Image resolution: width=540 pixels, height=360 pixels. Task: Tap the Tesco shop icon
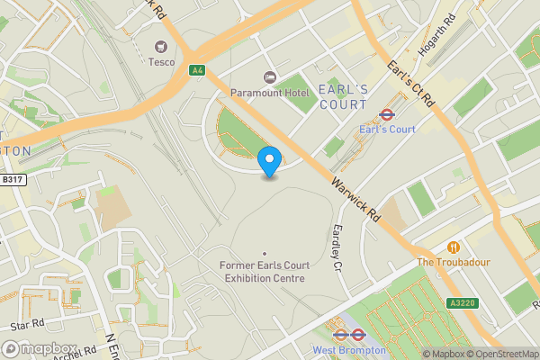[x=163, y=47]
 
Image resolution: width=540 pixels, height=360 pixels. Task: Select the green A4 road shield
[x=196, y=69]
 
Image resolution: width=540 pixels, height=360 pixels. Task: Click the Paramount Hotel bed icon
[x=267, y=76]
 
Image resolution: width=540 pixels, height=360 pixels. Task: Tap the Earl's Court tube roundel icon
[x=387, y=114]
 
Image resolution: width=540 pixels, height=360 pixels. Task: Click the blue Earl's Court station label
[x=387, y=130]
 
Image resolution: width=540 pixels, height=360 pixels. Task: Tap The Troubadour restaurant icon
[x=454, y=247]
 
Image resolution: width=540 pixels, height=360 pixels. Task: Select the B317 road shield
[x=12, y=180]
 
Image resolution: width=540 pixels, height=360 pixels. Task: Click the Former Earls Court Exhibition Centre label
[x=263, y=272]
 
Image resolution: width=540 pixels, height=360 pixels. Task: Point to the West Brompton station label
[x=349, y=349]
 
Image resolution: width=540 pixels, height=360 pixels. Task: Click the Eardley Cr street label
[x=338, y=247]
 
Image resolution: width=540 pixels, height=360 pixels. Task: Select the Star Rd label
[x=27, y=321]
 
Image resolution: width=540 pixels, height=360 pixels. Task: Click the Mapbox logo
[x=40, y=349]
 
